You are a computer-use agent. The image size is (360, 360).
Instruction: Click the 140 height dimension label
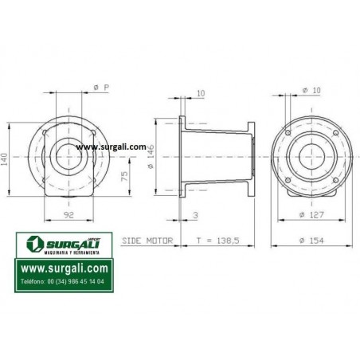[5, 159]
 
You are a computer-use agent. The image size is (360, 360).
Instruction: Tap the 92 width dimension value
[68, 215]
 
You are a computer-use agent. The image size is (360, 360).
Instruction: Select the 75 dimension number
[124, 175]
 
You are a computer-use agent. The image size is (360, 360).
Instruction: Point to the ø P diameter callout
[101, 88]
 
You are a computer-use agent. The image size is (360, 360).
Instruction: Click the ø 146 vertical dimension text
[151, 157]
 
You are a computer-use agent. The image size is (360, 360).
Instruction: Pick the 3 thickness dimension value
[195, 215]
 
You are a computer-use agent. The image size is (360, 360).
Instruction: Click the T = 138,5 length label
[217, 241]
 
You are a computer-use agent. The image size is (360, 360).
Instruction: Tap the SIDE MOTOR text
[147, 241]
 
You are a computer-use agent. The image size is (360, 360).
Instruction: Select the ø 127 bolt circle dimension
[311, 214]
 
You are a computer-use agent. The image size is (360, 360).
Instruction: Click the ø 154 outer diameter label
[311, 241]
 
